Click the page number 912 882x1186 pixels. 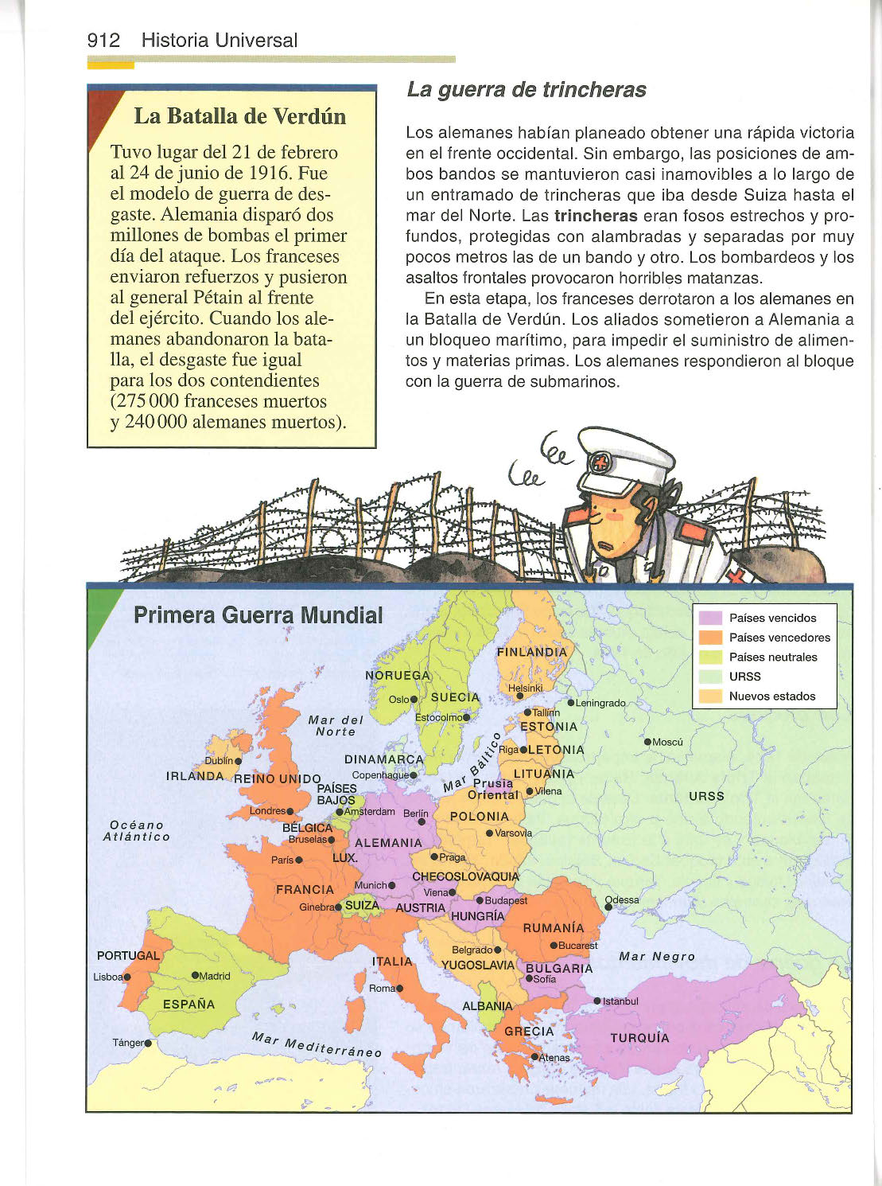pyautogui.click(x=103, y=41)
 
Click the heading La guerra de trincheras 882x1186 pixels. pyautogui.click(x=526, y=90)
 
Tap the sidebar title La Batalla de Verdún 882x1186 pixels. pyautogui.click(x=239, y=116)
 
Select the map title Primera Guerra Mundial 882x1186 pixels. pyautogui.click(x=258, y=615)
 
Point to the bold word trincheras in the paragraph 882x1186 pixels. pyautogui.click(x=596, y=216)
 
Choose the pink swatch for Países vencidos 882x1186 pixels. pyautogui.click(x=709, y=618)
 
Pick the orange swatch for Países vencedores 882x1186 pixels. pyautogui.click(x=709, y=638)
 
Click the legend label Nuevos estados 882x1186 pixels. pyautogui.click(x=771, y=696)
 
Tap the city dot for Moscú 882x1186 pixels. pyautogui.click(x=647, y=742)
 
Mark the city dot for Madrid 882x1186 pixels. pyautogui.click(x=195, y=976)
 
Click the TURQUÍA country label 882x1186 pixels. pyautogui.click(x=639, y=1038)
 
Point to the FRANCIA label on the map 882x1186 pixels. pyautogui.click(x=305, y=890)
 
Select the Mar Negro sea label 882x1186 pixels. pyautogui.click(x=657, y=957)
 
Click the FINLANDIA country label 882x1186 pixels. pyautogui.click(x=531, y=652)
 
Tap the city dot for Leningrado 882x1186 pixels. pyautogui.click(x=570, y=703)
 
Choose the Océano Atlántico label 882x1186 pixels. pyautogui.click(x=136, y=831)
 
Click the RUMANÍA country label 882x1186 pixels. pyautogui.click(x=553, y=928)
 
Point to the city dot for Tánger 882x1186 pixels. pyautogui.click(x=148, y=1043)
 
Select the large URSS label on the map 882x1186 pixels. pyautogui.click(x=706, y=796)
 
